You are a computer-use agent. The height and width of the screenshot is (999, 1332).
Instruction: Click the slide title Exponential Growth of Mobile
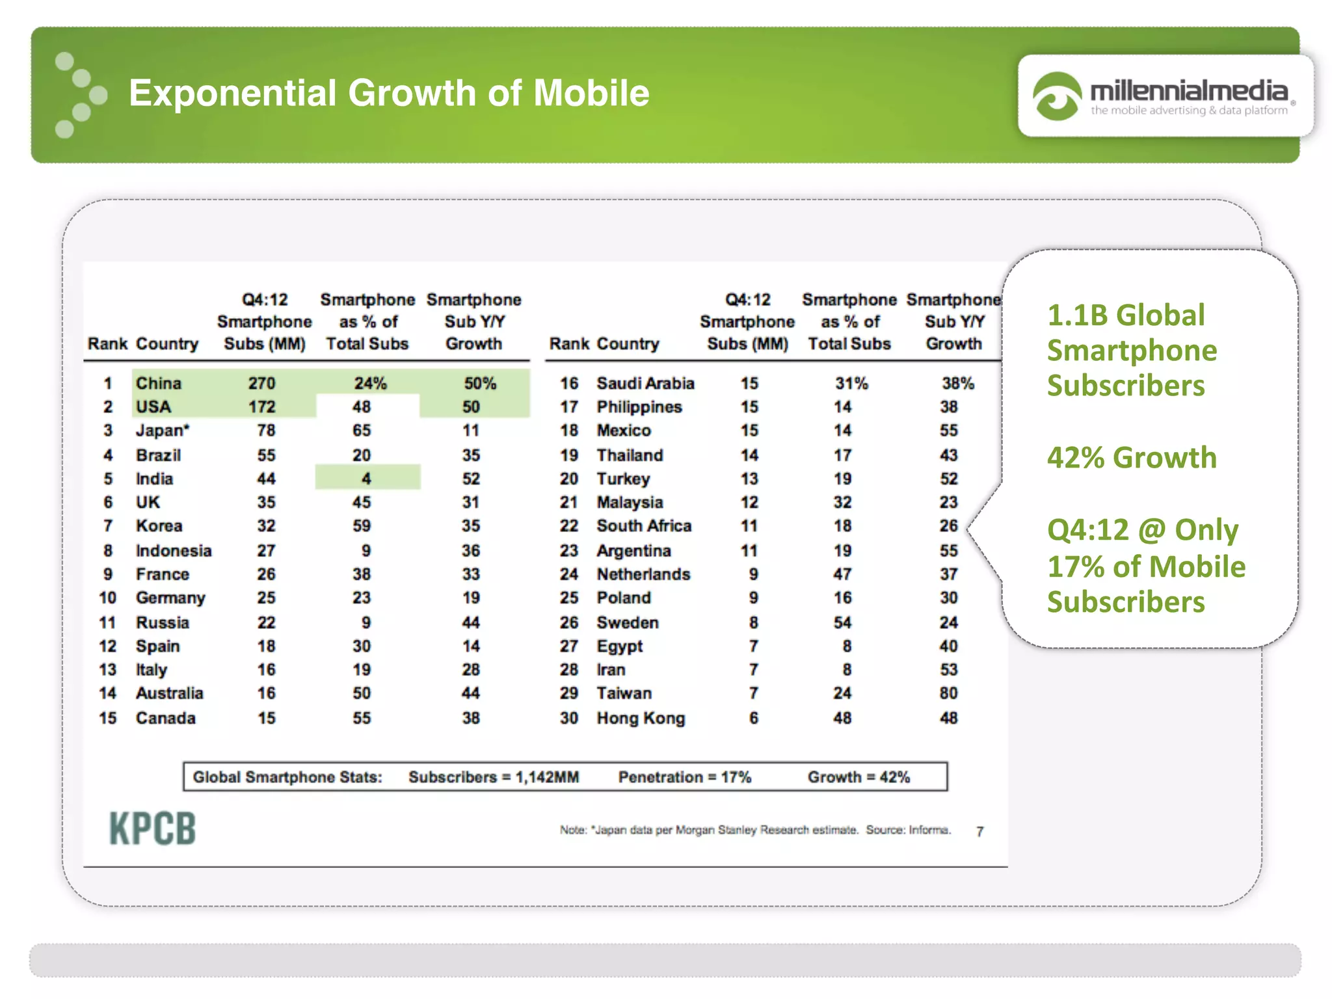389,93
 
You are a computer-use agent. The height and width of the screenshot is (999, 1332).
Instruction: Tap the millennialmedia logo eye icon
1056,96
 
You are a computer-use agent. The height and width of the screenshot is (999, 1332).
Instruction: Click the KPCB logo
152,829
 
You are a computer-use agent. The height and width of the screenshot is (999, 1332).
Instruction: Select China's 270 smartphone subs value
262,383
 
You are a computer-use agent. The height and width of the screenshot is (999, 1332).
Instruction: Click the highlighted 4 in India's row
367,479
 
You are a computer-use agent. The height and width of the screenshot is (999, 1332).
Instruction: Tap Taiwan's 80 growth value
948,693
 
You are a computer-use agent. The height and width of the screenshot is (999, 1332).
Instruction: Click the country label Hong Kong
641,718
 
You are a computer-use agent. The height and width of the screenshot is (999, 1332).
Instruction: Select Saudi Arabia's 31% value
851,383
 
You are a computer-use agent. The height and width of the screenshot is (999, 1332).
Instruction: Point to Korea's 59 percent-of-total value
362,526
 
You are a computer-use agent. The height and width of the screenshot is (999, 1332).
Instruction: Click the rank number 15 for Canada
108,718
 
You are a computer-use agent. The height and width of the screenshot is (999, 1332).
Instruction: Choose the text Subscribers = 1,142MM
494,777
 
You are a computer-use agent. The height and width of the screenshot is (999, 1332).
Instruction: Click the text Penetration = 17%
684,777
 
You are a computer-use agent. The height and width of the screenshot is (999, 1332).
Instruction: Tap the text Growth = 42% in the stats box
859,777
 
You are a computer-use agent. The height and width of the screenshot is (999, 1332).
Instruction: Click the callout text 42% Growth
1132,457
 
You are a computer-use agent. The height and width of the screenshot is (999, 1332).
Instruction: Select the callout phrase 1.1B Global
1126,315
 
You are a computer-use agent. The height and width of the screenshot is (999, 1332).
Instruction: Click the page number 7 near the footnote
980,832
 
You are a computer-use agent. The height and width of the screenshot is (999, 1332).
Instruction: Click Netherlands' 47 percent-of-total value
842,574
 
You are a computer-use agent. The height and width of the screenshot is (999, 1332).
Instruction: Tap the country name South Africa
644,526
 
